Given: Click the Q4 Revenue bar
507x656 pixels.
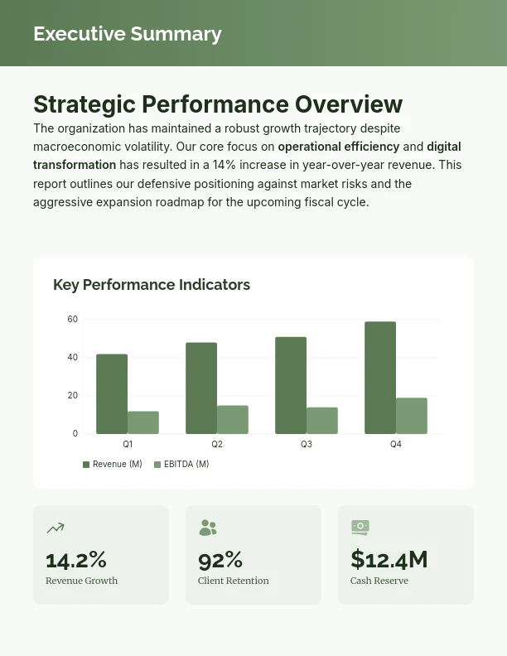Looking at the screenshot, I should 380,378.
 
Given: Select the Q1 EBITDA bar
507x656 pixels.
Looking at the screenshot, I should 143,422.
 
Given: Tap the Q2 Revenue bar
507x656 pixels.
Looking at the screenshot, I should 201,388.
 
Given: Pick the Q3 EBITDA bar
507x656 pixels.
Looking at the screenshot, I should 322,421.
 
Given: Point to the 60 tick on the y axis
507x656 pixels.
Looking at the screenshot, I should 73,320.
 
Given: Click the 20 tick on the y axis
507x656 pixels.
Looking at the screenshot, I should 73,396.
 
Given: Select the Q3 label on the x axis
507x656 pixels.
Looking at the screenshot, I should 307,445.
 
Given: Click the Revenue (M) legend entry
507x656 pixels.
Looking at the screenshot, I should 113,465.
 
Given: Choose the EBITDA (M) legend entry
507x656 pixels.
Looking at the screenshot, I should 182,465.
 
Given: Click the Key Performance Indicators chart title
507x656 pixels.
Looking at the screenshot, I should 152,285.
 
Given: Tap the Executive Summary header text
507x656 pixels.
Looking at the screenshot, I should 128,34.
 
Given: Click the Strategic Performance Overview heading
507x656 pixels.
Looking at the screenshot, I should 218,104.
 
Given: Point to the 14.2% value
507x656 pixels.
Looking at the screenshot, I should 76,560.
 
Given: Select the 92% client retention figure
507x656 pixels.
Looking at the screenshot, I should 220,560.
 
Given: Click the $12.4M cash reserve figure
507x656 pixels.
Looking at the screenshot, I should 389,560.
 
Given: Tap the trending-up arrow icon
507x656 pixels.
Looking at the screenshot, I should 56,528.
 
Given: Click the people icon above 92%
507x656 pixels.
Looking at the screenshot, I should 208,528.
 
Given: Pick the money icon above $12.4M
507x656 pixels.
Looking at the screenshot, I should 360,528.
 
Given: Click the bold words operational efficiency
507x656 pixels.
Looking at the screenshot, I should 339,147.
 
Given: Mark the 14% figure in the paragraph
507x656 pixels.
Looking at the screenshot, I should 224,165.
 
